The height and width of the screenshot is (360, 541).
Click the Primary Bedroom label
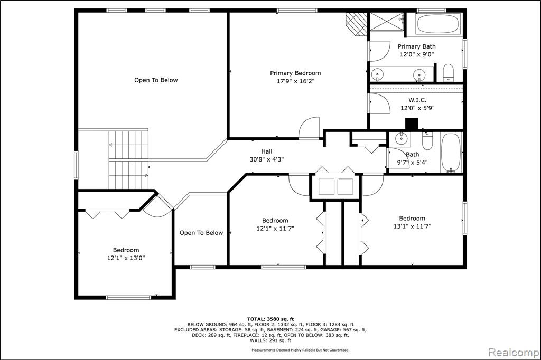[x=295, y=73]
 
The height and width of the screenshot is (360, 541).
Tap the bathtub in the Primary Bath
[x=438, y=23]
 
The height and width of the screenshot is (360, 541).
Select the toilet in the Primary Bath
[x=448, y=72]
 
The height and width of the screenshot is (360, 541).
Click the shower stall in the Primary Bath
[x=386, y=22]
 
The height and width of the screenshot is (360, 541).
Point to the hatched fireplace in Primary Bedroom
[x=357, y=24]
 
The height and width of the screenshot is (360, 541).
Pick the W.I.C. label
[x=417, y=100]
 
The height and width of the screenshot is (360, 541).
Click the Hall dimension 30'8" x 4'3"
[x=267, y=159]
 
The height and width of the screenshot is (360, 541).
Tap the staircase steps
[x=129, y=159]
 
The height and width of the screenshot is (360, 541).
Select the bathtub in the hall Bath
[x=451, y=153]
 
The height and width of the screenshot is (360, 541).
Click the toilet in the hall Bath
[x=427, y=141]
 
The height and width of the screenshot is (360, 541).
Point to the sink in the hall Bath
[x=401, y=139]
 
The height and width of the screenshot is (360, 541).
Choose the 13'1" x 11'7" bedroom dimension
[x=412, y=226]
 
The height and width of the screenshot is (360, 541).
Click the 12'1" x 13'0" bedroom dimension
[x=126, y=258]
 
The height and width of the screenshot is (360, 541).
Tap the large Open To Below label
[x=156, y=80]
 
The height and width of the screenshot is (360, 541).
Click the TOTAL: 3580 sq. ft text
[x=270, y=319]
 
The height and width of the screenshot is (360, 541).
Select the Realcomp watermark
[x=514, y=353]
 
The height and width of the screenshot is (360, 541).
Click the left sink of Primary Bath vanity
[x=378, y=74]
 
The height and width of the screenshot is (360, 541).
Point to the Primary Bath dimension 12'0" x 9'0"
[x=416, y=54]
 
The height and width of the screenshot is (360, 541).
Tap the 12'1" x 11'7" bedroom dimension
[x=275, y=228]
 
